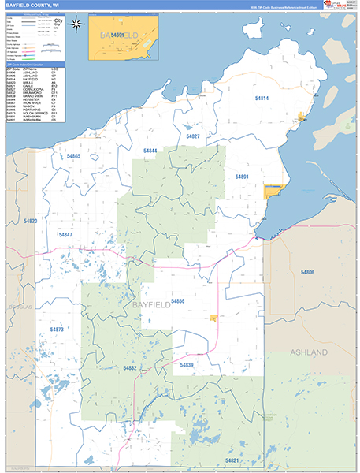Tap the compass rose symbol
tap(76, 23)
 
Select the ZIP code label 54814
tap(262, 99)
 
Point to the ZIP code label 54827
tap(193, 136)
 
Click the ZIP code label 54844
tap(150, 151)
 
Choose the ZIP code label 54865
tap(73, 157)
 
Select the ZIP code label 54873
tap(56, 330)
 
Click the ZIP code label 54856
tap(177, 301)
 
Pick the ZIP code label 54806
tap(307, 271)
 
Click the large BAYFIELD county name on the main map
tap(150, 304)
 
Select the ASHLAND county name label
tap(310, 351)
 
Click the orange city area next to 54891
tap(273, 192)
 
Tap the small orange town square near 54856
tap(213, 318)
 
